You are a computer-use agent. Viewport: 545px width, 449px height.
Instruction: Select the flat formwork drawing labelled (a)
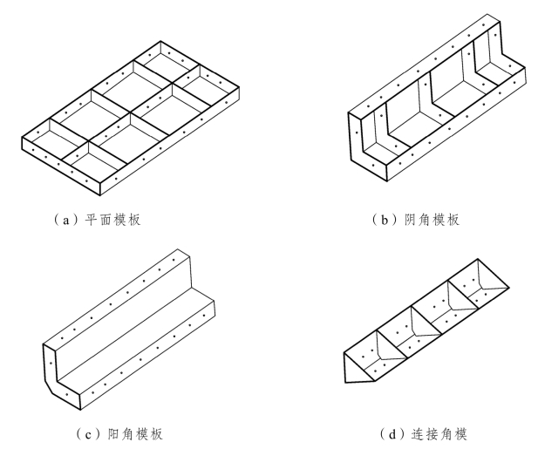coord(131,118)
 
